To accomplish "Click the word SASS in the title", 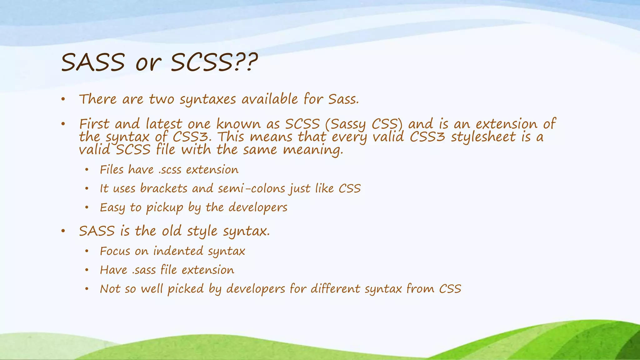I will [x=93, y=62].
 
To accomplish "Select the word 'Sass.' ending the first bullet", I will [x=343, y=99].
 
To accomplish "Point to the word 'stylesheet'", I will [x=483, y=137].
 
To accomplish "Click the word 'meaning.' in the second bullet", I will [x=313, y=150].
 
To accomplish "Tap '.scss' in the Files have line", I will [x=170, y=170].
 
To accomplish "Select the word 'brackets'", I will [x=163, y=188].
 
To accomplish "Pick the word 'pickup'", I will [x=165, y=207].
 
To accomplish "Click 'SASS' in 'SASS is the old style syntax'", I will [x=97, y=231].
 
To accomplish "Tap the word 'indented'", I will [x=178, y=251].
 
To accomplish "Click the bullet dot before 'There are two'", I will [x=63, y=100].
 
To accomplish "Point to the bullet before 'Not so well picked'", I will [x=87, y=289].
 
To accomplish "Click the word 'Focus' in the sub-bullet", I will [x=115, y=251].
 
